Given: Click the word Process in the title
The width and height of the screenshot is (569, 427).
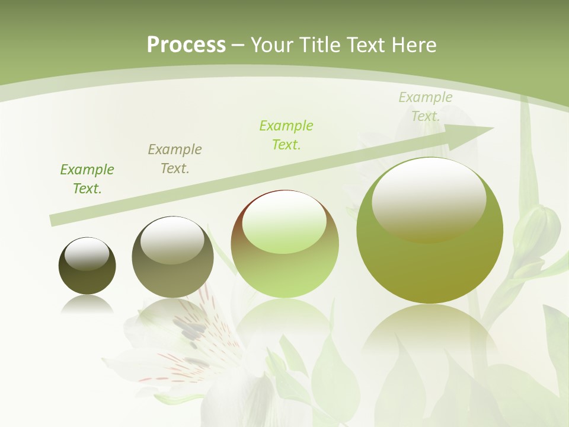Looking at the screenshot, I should point(186,44).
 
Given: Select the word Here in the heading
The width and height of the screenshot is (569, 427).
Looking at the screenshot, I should point(414,44).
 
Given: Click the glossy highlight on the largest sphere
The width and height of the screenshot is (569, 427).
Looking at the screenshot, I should point(429,199).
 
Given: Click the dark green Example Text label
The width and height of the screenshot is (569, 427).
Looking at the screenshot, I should point(87,179).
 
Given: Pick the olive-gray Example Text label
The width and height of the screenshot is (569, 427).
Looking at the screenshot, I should point(175,159).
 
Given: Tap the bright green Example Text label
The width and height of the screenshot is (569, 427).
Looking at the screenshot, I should point(286,135).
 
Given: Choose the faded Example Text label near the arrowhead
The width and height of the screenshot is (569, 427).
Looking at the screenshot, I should point(425,107).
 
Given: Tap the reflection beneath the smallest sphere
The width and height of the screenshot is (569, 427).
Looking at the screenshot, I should point(87,304).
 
